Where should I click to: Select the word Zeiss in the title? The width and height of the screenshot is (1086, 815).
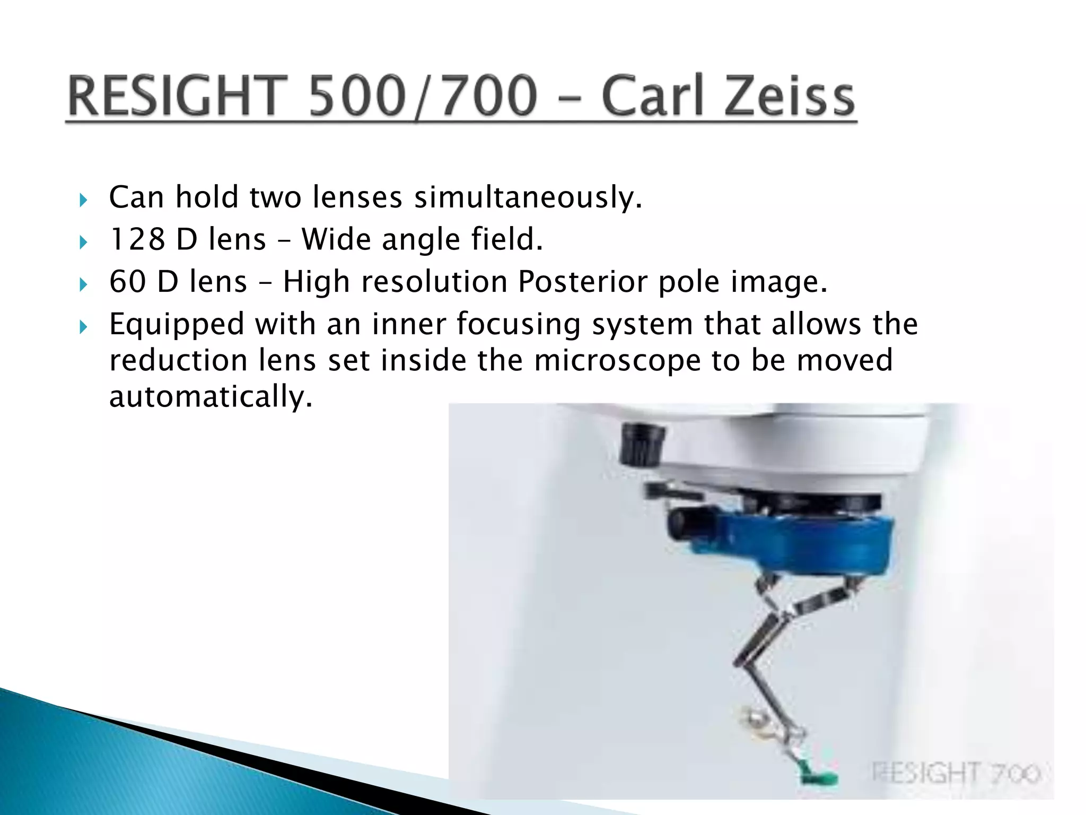(790, 97)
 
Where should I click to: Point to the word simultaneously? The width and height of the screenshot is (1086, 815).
(528, 197)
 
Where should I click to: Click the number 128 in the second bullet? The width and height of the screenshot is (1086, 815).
(137, 239)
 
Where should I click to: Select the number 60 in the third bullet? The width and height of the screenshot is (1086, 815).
(127, 281)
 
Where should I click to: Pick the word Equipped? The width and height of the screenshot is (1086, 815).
(176, 325)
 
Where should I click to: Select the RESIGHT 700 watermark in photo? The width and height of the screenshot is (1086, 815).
(954, 773)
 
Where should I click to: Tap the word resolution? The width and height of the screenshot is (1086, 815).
(434, 281)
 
